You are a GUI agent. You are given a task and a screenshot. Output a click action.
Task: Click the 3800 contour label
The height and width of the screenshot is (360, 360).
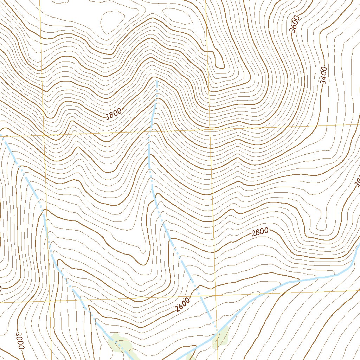pyautogui.click(x=114, y=114)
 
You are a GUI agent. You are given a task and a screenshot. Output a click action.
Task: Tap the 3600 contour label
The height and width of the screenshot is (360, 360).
pyautogui.click(x=295, y=24)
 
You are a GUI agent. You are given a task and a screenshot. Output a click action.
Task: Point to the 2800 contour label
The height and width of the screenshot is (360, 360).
pyautogui.click(x=261, y=232)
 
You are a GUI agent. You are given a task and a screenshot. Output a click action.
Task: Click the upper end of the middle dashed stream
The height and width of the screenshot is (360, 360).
pyautogui.click(x=156, y=81)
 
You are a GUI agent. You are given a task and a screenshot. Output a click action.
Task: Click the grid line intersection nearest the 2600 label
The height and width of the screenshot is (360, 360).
pyautogui.click(x=215, y=297)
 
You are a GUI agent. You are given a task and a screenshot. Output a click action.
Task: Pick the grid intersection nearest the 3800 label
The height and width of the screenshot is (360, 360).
pyautogui.click(x=44, y=135)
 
